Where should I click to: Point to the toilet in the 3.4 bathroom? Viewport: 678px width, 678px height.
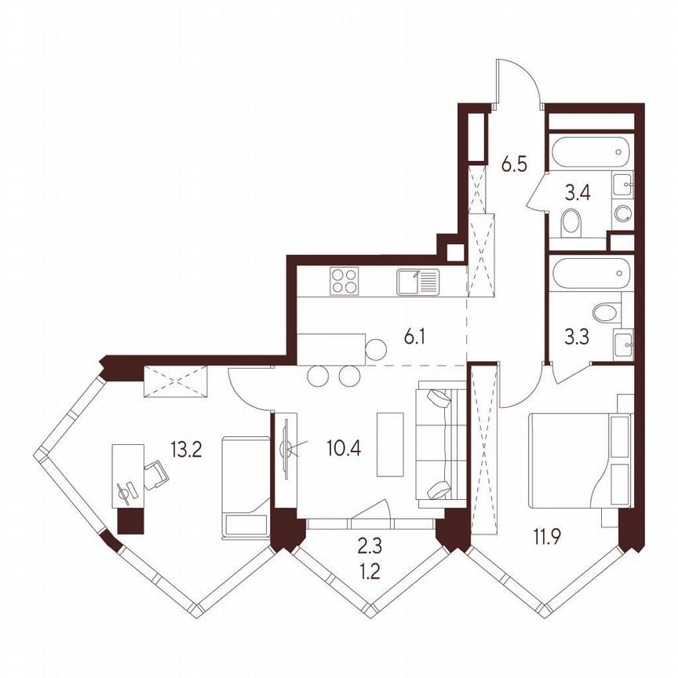(x=571, y=223)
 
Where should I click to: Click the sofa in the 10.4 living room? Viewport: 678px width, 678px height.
(x=439, y=443)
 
